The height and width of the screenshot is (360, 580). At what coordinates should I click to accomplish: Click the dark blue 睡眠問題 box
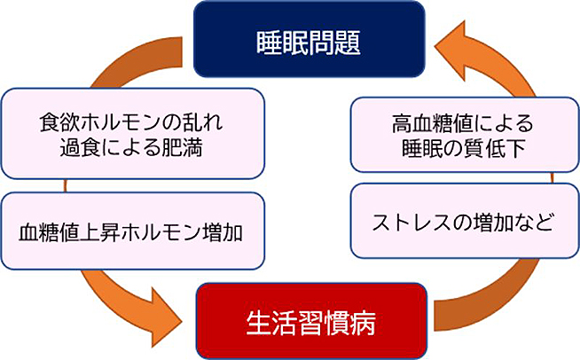coord(308,39)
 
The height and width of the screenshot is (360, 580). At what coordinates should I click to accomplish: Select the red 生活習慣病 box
coord(310,321)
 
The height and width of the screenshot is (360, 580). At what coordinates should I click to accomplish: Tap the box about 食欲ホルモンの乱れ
coord(132,133)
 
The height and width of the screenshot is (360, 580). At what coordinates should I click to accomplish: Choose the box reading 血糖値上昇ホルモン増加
coord(132,232)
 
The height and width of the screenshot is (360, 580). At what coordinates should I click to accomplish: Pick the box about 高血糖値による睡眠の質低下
coord(451,133)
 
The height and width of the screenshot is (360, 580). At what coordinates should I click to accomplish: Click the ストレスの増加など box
coord(451,221)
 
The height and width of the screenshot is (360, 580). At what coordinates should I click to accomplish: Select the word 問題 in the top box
coord(338,40)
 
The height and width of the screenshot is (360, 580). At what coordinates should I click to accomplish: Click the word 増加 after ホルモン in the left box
coord(224,233)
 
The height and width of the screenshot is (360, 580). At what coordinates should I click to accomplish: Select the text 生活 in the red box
coord(265,322)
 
